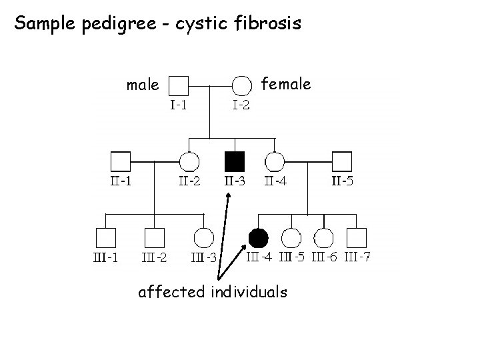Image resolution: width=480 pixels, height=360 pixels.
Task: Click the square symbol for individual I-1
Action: [x=178, y=85]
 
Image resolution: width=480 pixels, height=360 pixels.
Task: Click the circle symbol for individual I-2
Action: [x=241, y=85]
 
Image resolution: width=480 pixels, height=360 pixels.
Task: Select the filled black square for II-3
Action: [x=234, y=161]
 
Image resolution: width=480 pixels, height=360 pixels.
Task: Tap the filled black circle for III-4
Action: [x=258, y=237]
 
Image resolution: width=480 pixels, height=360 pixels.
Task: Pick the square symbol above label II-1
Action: [x=119, y=161]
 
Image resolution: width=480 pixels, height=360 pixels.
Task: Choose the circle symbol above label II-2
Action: [x=189, y=161]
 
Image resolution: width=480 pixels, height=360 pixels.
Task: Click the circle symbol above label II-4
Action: [x=275, y=161]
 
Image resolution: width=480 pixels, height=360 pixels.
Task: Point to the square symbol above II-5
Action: [x=342, y=161]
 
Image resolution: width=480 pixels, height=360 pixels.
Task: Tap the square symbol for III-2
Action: [x=154, y=237]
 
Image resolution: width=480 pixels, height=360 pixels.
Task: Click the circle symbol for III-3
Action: [x=203, y=237]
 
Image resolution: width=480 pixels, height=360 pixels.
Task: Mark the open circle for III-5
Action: [x=291, y=237]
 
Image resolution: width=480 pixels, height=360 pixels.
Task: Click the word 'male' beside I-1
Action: [x=143, y=85]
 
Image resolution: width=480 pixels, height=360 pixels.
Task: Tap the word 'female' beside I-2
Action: [x=285, y=84]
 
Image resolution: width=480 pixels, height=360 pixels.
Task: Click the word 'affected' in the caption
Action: [x=171, y=291]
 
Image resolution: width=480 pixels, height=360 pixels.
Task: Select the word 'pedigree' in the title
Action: [x=93, y=25]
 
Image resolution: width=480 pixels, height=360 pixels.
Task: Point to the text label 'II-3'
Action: [x=234, y=181]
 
